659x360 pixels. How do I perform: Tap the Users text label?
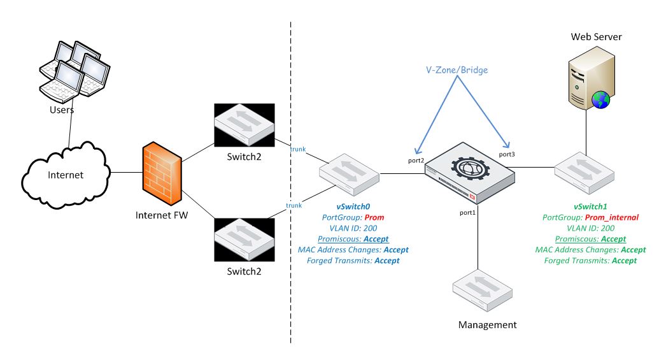pos(61,110)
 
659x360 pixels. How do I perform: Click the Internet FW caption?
pos(162,215)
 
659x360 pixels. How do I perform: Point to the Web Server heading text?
pos(596,37)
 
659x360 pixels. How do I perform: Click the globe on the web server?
pos(600,99)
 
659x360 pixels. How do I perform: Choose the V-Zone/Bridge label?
pos(457,70)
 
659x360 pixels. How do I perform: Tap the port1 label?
pos(467,212)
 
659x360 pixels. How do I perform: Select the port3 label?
pos(507,154)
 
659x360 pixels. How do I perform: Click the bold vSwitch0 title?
pos(353,206)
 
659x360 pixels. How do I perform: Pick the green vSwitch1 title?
pos(592,206)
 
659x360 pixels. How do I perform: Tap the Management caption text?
pos(487,325)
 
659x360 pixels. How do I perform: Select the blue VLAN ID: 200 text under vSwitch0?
pos(353,228)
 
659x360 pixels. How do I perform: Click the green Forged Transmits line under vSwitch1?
pos(592,261)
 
